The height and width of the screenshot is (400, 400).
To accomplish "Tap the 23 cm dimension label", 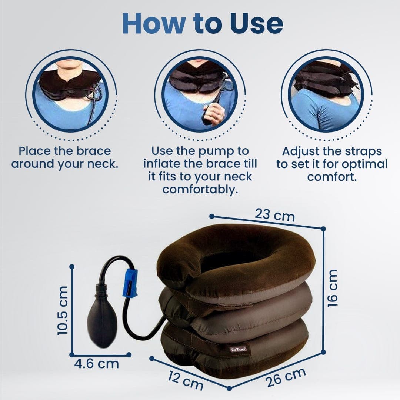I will coord(274,215).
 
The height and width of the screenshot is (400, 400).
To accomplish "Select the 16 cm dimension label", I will coord(333,288).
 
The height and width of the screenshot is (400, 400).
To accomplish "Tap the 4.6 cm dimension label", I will coord(97,364).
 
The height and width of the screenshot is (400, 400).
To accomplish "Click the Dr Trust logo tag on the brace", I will coord(236,349).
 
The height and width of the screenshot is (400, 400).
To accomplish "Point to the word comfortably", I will coord(200,189).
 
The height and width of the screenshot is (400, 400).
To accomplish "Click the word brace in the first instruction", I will coord(92,151).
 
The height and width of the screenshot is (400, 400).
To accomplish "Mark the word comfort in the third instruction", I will coord(332,177).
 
